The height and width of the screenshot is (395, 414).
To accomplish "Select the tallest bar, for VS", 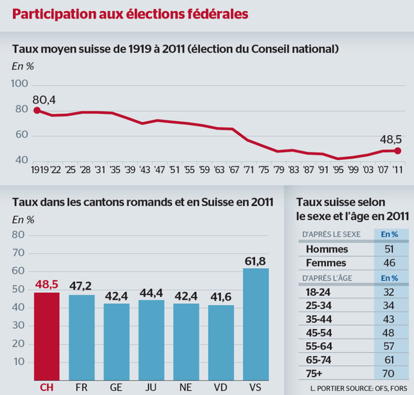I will pyautogui.click(x=256, y=324).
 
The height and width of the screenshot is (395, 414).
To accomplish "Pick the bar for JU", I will pyautogui.click(x=151, y=339).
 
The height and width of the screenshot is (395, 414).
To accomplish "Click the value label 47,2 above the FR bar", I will pyautogui.click(x=82, y=286).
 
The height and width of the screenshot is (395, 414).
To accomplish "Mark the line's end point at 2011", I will pyautogui.click(x=397, y=151).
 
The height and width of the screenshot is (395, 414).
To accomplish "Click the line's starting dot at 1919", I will pyautogui.click(x=36, y=111).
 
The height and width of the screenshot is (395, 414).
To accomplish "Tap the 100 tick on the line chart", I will pyautogui.click(x=20, y=84).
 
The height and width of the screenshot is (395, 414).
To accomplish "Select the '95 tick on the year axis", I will pyautogui.click(x=337, y=169).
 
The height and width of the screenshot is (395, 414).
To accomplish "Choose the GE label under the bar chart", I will pyautogui.click(x=116, y=386).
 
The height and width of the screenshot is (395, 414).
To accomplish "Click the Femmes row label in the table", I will pyautogui.click(x=327, y=263).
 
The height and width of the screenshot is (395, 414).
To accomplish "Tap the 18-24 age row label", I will pyautogui.click(x=318, y=292).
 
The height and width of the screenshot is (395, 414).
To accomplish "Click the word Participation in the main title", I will pyautogui.click(x=56, y=14).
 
